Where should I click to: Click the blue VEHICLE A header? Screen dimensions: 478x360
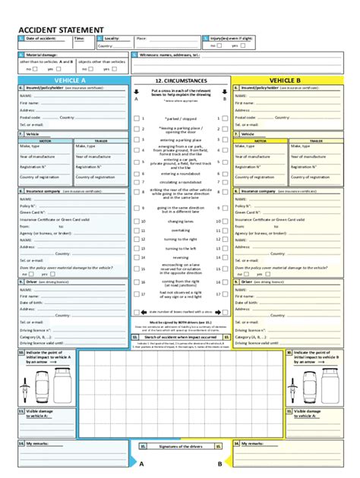[69, 80]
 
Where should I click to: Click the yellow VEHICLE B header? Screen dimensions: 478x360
[285, 80]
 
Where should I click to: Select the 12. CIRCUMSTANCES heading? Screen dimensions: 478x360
[181, 80]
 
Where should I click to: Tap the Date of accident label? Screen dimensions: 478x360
[41, 37]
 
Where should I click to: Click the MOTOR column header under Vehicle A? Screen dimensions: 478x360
[46, 140]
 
